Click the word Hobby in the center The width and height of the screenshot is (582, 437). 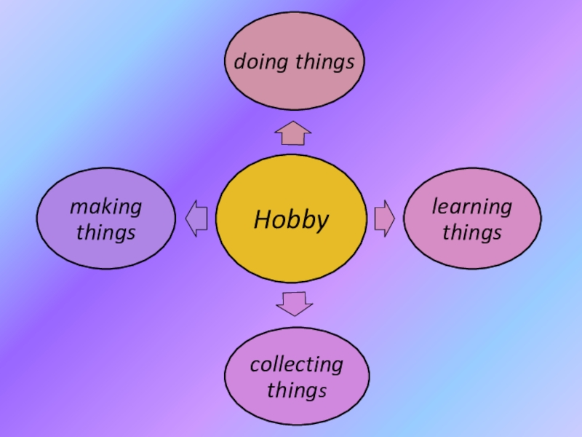[291, 219]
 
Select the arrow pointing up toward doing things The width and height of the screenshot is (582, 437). [293, 133]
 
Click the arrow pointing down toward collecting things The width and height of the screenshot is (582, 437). [295, 302]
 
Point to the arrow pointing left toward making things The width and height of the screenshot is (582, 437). [197, 219]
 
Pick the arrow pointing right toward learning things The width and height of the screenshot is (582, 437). [384, 219]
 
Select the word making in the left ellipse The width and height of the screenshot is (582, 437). [106, 207]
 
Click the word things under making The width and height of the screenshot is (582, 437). [106, 232]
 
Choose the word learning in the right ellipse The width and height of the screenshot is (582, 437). [472, 207]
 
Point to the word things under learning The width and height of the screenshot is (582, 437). [472, 232]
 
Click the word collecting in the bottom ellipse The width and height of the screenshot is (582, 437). [296, 364]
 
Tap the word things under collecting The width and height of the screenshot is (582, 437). [296, 390]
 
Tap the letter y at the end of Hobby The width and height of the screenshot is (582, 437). [322, 221]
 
